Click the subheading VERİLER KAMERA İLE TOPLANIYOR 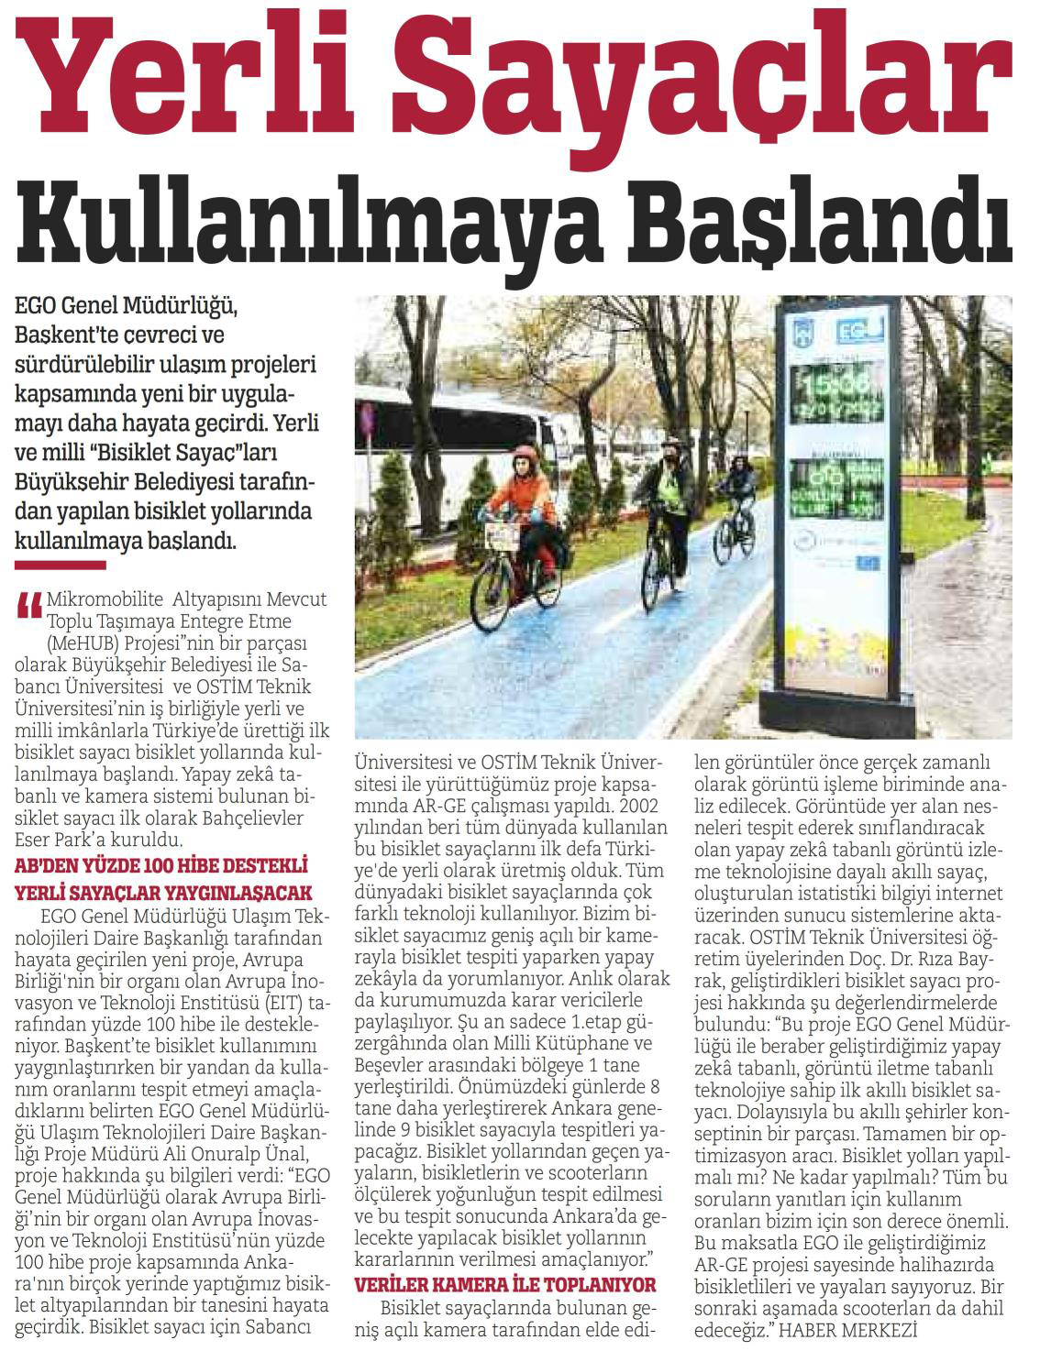(505, 1284)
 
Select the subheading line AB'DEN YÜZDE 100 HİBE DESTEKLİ (160, 865)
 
